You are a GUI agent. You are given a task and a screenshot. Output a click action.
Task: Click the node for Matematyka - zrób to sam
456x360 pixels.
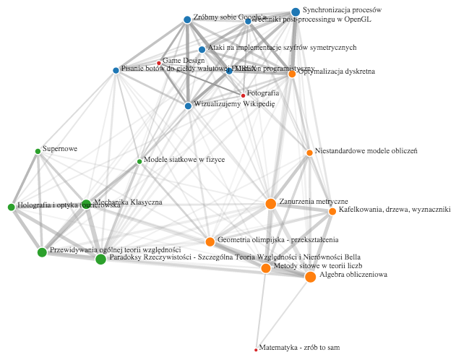click(x=256, y=350)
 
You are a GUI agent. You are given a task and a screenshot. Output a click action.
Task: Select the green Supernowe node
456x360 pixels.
click(x=38, y=151)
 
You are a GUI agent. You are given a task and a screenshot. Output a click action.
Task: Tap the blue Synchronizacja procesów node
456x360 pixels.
click(x=296, y=12)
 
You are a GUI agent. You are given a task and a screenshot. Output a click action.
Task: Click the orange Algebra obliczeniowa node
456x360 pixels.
click(x=310, y=277)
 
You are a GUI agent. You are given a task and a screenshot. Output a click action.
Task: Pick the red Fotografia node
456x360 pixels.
click(x=243, y=95)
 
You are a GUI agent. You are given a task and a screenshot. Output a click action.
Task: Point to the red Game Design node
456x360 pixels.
click(x=159, y=63)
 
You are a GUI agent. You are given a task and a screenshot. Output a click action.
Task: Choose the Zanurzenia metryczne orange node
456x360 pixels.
click(x=271, y=204)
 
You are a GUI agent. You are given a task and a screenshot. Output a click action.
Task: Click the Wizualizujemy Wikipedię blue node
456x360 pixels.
click(x=188, y=106)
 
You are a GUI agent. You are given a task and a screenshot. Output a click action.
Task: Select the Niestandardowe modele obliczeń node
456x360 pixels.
click(x=309, y=153)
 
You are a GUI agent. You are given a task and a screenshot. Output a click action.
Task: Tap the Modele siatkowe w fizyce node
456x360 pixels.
click(x=139, y=161)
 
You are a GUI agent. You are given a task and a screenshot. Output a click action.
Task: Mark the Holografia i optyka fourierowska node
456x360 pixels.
click(x=11, y=207)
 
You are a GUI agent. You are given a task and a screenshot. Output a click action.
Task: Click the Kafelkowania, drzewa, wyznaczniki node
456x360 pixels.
click(x=332, y=211)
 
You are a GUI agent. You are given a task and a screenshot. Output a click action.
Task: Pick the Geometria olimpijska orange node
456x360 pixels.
click(x=210, y=241)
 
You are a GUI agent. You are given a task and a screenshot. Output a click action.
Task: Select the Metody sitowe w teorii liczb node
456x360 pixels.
click(x=265, y=268)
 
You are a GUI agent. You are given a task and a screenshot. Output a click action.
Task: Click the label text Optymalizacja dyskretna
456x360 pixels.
click(x=336, y=72)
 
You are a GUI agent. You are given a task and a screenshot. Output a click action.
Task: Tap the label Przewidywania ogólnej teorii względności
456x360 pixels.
click(x=115, y=249)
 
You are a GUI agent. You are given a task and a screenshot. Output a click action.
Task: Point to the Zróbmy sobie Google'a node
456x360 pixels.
click(x=187, y=20)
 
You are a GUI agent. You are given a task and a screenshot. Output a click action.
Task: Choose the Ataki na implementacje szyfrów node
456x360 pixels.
click(x=202, y=50)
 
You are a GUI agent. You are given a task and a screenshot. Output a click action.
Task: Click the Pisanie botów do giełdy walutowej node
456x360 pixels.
click(x=116, y=70)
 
